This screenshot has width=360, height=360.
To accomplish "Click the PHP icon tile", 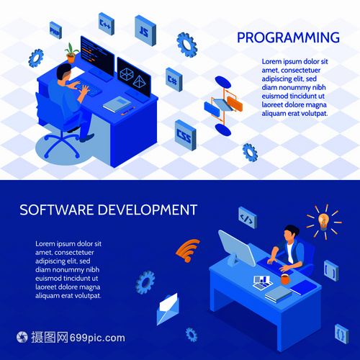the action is tap(55, 30).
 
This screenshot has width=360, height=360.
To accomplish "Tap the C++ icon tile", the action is tap(107, 24).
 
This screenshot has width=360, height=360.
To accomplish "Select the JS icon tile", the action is tap(145, 31).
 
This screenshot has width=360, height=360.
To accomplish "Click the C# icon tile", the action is tap(174, 79).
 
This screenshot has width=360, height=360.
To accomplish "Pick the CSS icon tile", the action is tap(186, 135).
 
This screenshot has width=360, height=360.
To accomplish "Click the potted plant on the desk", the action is tap(71, 53).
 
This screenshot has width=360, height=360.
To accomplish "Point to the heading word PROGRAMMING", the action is tap(288, 37).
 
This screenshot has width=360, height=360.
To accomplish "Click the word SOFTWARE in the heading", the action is tap(57, 210).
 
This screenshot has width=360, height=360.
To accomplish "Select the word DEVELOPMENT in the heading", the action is tap(148, 210).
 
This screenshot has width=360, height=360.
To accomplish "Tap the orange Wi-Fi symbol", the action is tap(188, 251).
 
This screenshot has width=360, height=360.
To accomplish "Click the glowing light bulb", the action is tap(323, 221).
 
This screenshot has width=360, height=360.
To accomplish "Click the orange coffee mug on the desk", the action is tap(285, 279).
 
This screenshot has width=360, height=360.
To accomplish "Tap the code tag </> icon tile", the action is tap(248, 217).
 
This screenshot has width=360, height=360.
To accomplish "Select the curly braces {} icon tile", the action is tap(342, 334).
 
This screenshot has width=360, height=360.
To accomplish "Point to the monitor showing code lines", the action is tap(97, 57).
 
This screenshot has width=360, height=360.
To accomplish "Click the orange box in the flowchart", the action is tap(235, 104).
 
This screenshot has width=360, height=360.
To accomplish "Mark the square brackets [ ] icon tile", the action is tap(331, 271).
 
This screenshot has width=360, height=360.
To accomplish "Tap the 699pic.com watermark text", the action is tap(97, 338).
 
